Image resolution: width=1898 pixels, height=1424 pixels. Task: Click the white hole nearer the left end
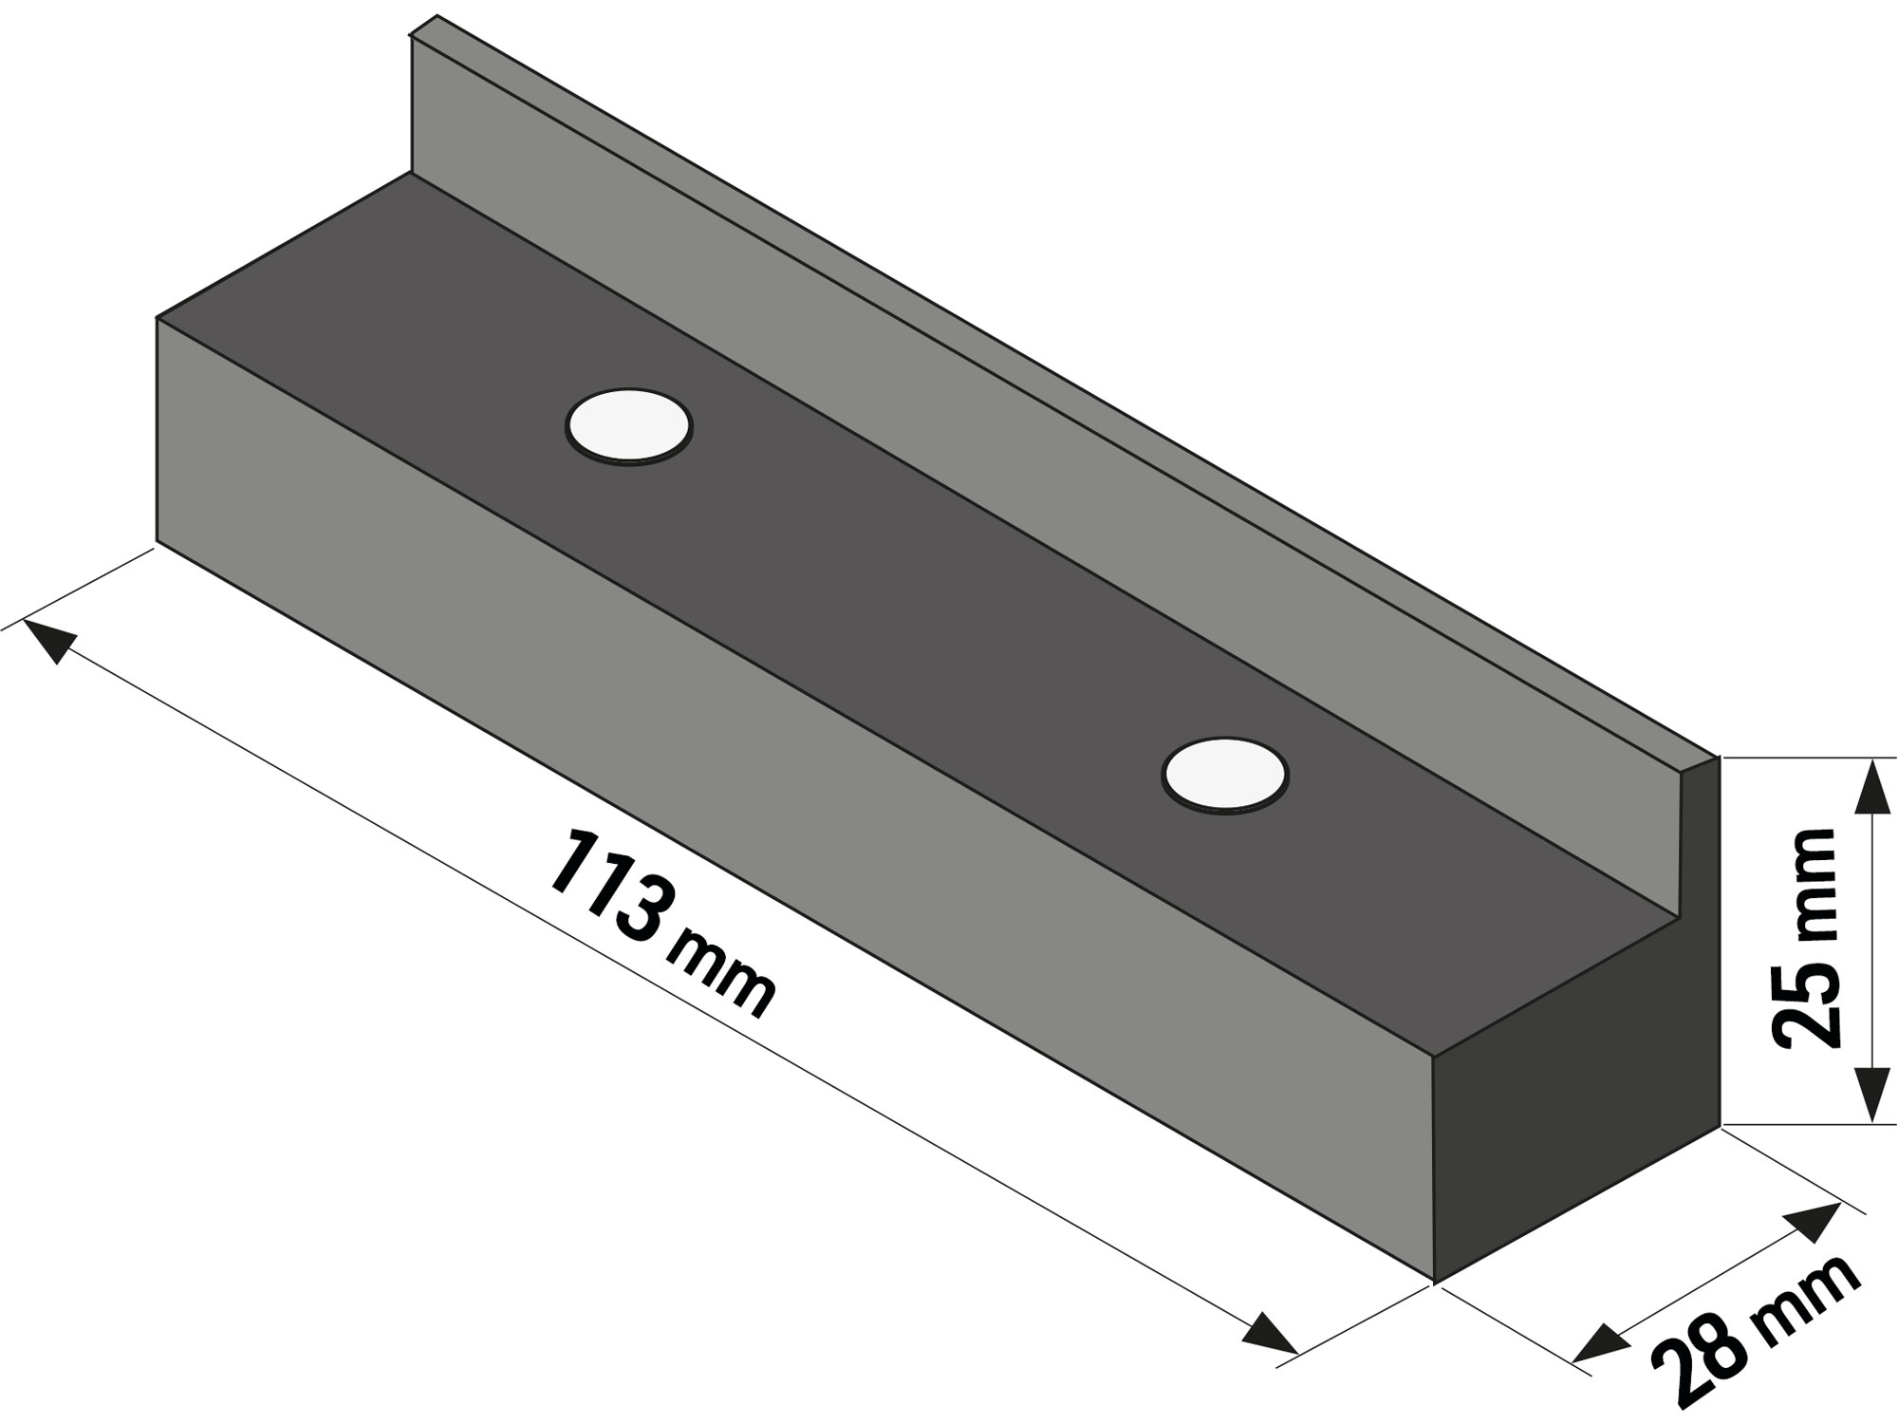(628, 425)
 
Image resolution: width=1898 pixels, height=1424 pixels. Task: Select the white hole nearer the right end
(1224, 775)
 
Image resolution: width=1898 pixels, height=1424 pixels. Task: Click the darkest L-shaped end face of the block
(1575, 1120)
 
